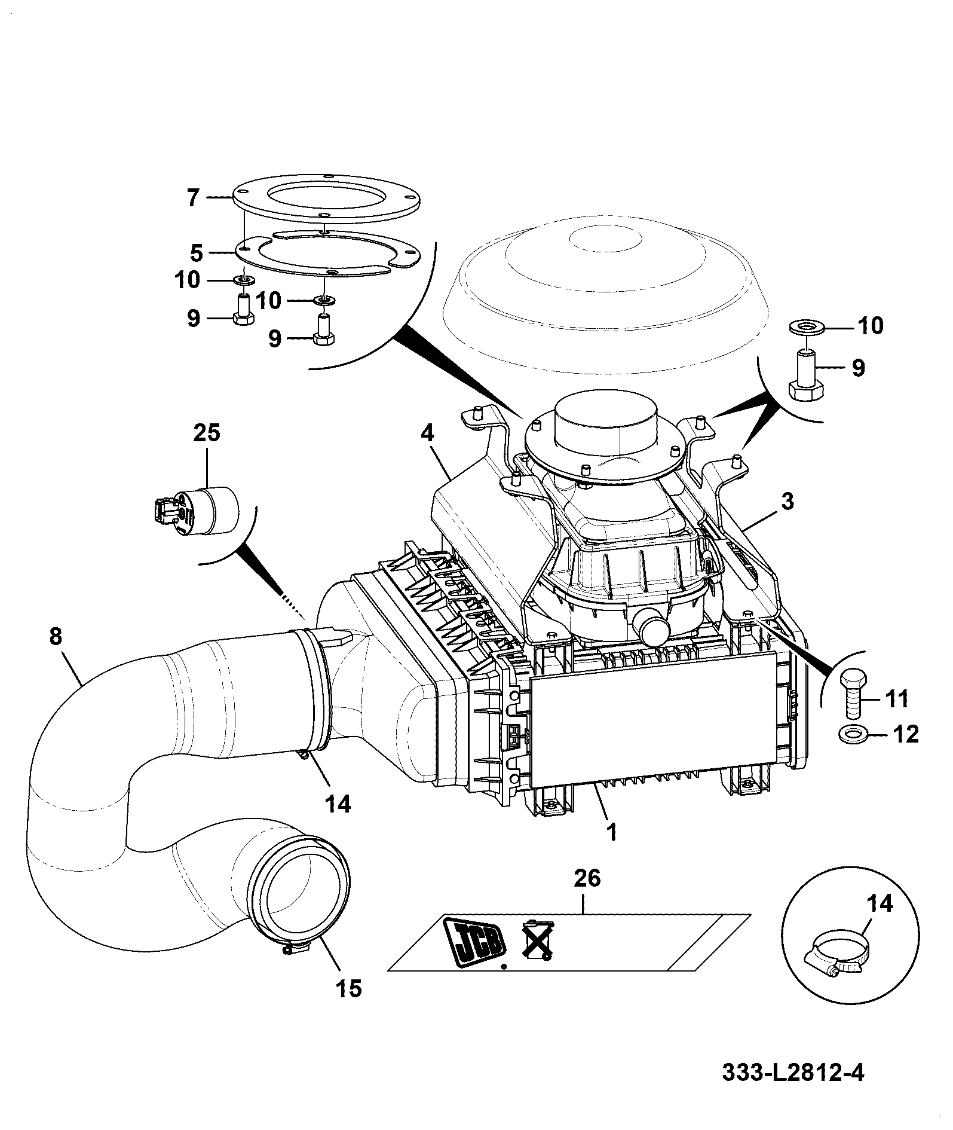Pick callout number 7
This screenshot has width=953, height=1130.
pos(192,197)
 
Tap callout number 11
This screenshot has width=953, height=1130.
pos(896,698)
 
